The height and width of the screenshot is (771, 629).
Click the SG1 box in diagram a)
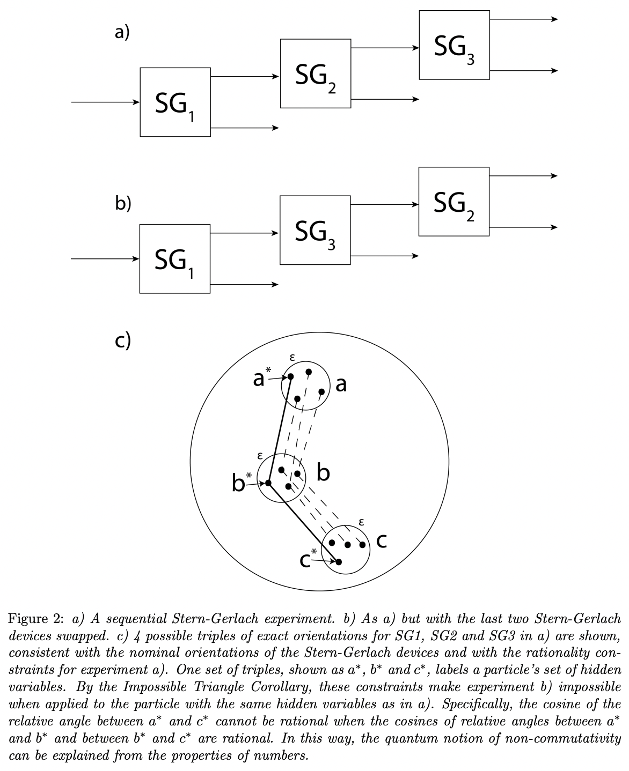tap(175, 102)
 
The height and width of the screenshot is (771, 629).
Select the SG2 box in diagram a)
tap(316, 73)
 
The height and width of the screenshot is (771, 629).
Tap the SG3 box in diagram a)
tap(454, 45)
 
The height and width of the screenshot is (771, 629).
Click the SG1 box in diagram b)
tap(174, 258)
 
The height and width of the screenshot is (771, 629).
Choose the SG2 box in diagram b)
tap(454, 202)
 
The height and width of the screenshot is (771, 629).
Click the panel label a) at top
tap(122, 32)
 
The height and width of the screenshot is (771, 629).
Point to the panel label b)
tap(123, 203)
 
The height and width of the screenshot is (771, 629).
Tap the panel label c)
tap(123, 340)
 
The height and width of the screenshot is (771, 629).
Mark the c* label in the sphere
tap(308, 558)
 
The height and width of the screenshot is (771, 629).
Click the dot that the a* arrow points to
tap(290, 376)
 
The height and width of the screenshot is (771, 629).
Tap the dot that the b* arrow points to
tap(269, 483)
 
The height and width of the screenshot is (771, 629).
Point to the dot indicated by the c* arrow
tap(339, 562)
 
